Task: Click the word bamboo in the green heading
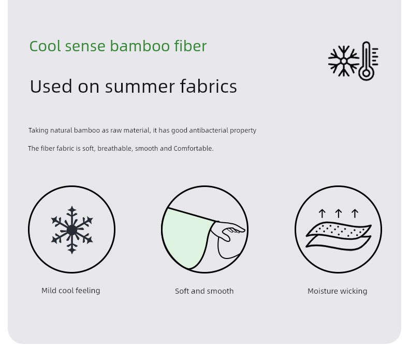point(140,46)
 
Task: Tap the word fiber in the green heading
point(191,46)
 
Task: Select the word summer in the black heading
point(140,87)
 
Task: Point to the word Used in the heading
point(51,86)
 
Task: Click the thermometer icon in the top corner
point(368,61)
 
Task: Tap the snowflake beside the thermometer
point(344,61)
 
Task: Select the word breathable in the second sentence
point(115,149)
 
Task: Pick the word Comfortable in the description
point(193,149)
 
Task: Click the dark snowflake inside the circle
point(72,230)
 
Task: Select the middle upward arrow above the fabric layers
point(338,213)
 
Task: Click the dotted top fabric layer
point(339,231)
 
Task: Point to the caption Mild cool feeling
point(71,291)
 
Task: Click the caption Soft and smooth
point(204,291)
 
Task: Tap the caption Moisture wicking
point(337,291)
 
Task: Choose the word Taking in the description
point(38,130)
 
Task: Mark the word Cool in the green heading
point(45,46)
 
